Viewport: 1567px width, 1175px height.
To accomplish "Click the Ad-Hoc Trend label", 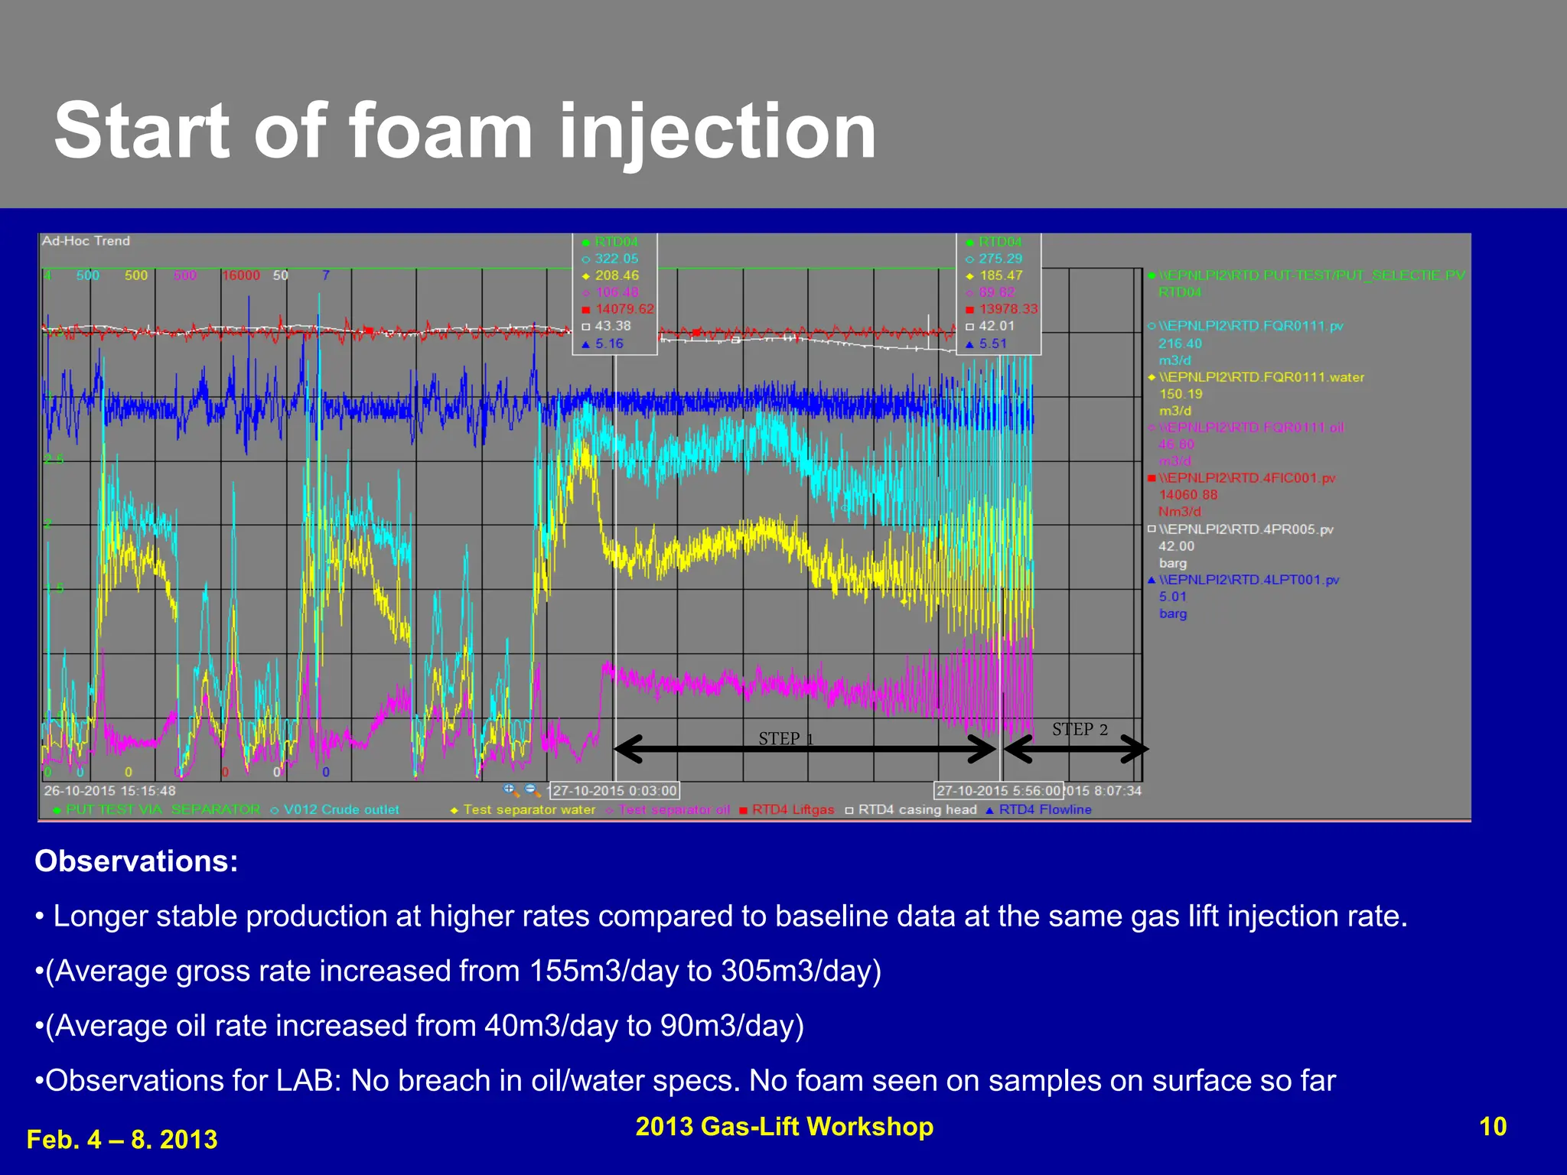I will click(x=86, y=241).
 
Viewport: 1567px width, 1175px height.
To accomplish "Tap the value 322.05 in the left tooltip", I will click(x=616, y=259).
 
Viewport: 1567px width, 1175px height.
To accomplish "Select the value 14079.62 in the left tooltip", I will click(x=624, y=309).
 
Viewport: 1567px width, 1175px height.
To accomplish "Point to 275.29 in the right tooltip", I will click(x=1000, y=259).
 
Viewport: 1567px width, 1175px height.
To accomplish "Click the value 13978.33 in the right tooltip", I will click(x=1008, y=309).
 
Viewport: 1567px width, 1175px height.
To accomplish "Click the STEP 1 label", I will click(x=786, y=738).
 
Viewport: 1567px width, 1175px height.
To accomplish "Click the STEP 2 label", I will click(x=1080, y=729).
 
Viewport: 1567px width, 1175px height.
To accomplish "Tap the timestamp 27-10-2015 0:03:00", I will click(x=614, y=790).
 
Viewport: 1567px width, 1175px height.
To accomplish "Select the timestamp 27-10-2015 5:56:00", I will click(x=999, y=790).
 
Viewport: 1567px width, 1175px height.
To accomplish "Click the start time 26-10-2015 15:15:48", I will click(x=109, y=790).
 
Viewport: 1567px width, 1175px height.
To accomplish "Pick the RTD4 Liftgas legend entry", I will click(x=793, y=809).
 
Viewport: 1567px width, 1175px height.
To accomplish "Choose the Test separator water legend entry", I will click(x=529, y=809).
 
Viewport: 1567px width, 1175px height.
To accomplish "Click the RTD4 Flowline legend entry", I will click(x=1044, y=809).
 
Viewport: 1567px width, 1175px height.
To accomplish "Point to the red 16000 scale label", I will click(x=241, y=275).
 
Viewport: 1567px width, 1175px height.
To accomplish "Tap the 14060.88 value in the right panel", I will click(x=1187, y=495).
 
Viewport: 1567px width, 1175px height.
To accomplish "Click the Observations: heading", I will click(x=136, y=861).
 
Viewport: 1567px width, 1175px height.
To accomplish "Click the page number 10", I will click(x=1492, y=1126).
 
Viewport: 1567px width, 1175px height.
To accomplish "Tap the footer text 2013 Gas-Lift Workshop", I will click(x=784, y=1126).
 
